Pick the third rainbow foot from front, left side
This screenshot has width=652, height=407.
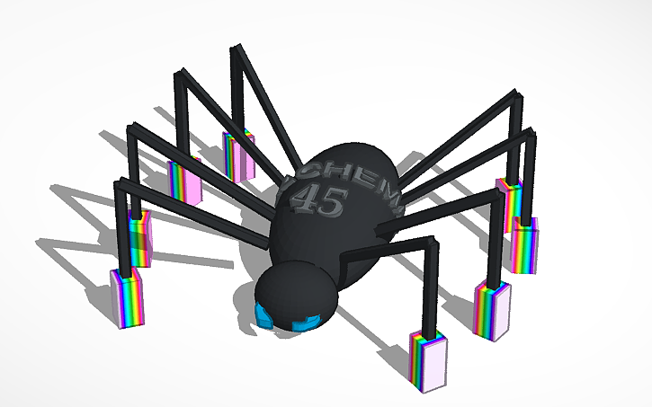click(x=186, y=180)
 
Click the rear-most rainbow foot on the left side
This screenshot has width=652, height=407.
click(x=238, y=155)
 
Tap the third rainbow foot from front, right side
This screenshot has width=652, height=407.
click(x=525, y=243)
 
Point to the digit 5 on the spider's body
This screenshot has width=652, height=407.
click(x=329, y=204)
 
